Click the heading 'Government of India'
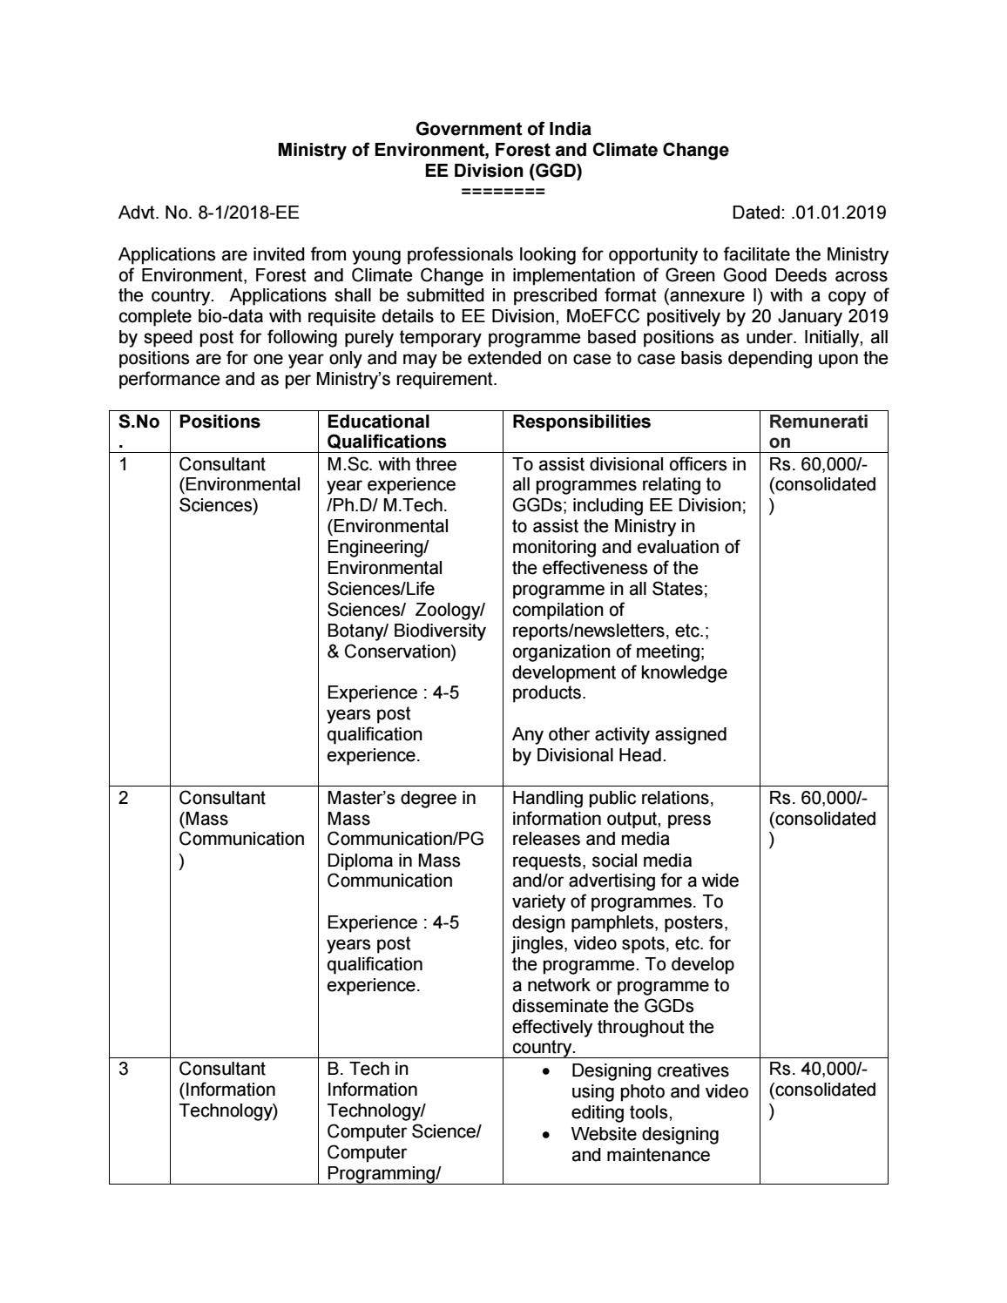tap(503, 129)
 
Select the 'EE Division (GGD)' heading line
tap(503, 171)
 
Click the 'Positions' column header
tap(220, 422)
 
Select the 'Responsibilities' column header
tap(581, 422)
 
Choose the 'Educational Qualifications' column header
tap(386, 432)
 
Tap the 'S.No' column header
tap(139, 422)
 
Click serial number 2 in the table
tap(124, 799)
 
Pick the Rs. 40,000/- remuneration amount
tap(818, 1070)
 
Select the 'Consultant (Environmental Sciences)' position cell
tap(240, 485)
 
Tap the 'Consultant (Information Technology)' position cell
tap(228, 1090)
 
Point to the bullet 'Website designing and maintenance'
tap(644, 1144)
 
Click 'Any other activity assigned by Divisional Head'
tap(618, 745)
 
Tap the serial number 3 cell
tap(124, 1070)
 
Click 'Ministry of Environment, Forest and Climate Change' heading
tap(503, 150)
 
